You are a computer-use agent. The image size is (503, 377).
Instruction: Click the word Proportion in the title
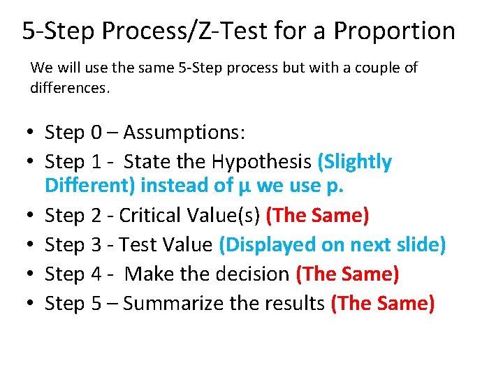(x=394, y=31)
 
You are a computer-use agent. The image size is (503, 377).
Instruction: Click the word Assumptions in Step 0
(x=178, y=133)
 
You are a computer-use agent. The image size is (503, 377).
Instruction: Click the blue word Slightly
(x=355, y=162)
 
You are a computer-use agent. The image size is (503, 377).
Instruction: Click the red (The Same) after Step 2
(x=318, y=216)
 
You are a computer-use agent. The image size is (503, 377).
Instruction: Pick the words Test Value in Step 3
(x=166, y=245)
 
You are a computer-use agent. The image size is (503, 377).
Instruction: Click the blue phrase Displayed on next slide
(x=332, y=245)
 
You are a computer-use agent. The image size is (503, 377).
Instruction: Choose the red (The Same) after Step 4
(x=347, y=274)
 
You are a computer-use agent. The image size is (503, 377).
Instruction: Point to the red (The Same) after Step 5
(x=383, y=304)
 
